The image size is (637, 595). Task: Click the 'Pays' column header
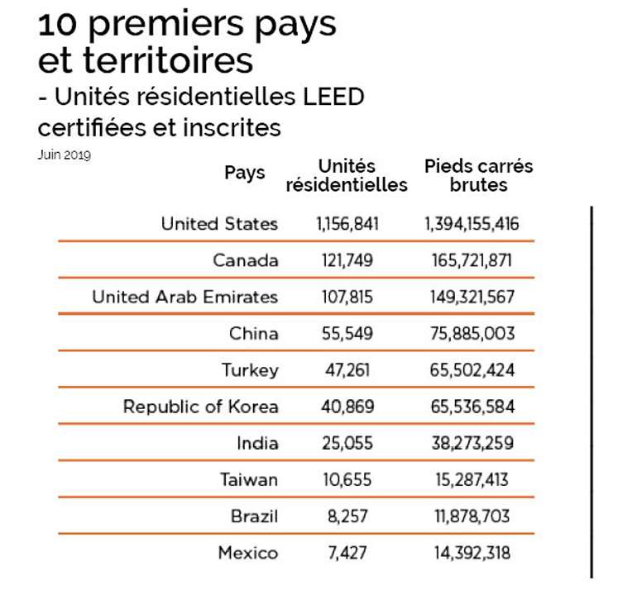tap(245, 173)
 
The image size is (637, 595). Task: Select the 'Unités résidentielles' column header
tap(347, 175)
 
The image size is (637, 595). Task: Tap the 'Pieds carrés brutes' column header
tap(478, 175)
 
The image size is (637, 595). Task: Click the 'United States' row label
tap(219, 223)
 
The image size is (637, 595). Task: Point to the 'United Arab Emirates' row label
tap(184, 297)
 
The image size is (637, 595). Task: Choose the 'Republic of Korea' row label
tap(200, 407)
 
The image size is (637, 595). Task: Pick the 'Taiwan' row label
tap(249, 479)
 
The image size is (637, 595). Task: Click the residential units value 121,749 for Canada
tap(347, 260)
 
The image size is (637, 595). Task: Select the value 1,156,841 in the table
tap(347, 223)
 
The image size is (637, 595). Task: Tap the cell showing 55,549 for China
tap(347, 334)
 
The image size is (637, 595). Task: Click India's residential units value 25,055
tap(347, 443)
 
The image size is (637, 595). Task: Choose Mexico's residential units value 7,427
tap(347, 553)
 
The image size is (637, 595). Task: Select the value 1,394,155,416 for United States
tap(472, 223)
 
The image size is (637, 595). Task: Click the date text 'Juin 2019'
tap(64, 155)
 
